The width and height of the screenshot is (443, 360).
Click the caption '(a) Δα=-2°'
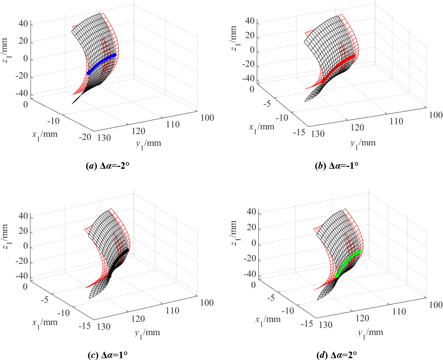tap(108, 166)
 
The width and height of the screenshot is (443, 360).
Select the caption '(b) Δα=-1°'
tap(337, 166)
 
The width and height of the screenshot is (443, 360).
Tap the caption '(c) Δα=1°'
tap(108, 355)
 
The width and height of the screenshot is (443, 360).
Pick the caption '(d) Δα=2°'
tap(337, 355)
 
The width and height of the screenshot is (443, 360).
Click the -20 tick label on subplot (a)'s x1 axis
tap(85, 137)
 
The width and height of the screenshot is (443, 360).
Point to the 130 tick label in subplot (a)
tap(104, 138)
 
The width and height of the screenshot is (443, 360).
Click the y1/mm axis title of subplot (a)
tap(148, 144)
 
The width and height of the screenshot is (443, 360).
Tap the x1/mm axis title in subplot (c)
tap(45, 323)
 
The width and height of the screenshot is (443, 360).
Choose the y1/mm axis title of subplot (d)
tap(370, 334)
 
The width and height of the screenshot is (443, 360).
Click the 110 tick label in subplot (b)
tap(396, 122)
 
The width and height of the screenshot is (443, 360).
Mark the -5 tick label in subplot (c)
tap(45, 300)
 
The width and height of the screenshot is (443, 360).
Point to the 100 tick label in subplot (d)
tap(436, 305)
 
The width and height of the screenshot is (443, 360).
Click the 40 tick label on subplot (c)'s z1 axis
tap(23, 216)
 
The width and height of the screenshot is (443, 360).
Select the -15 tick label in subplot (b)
tap(299, 132)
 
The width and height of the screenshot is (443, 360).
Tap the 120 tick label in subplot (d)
tap(362, 318)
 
